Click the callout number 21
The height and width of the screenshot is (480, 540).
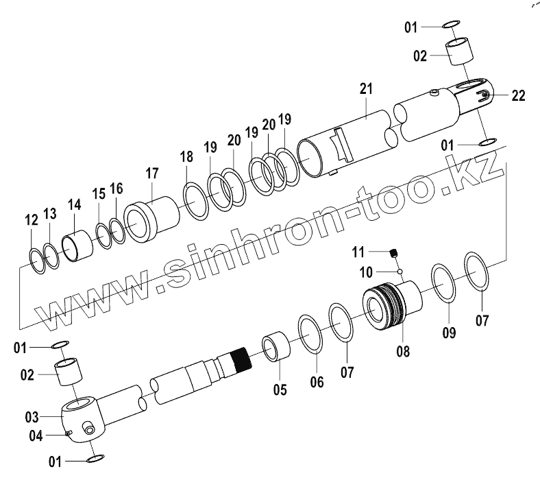click(x=365, y=89)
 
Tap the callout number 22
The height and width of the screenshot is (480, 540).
click(x=517, y=96)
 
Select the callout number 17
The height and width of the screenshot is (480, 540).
click(x=151, y=173)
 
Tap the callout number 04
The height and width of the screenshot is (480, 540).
click(x=36, y=435)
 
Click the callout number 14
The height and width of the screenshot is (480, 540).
click(x=73, y=204)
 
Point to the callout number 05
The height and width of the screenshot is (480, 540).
click(x=280, y=390)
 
